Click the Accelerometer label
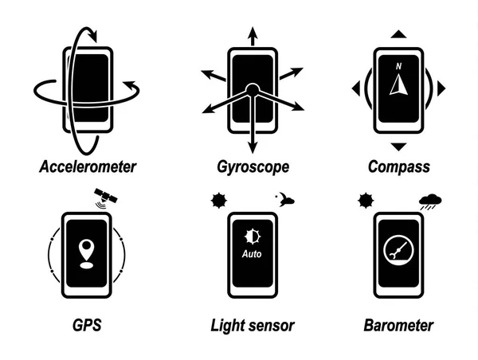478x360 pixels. pos(88,167)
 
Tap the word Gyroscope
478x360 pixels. pos(253,167)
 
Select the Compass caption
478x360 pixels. pos(399,167)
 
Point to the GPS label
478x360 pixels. pos(86,325)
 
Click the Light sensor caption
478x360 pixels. pos(253,325)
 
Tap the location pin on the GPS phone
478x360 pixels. pos(86,249)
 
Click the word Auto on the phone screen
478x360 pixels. pos(252,256)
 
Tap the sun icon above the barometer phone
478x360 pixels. pos(366,200)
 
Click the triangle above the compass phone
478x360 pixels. pos(399,34)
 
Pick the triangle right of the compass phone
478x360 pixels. pos(441,88)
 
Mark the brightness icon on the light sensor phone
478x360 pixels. pos(252,237)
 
